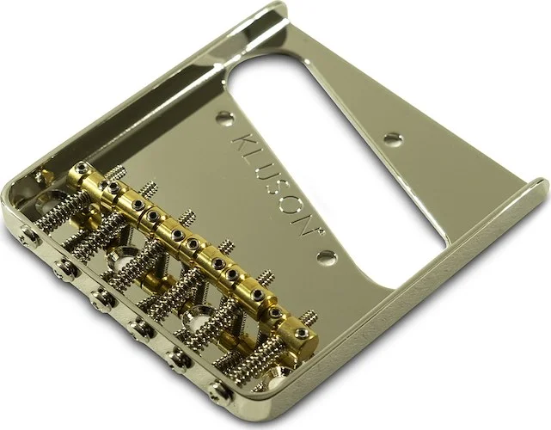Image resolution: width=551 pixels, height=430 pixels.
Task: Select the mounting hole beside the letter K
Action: (x=224, y=117)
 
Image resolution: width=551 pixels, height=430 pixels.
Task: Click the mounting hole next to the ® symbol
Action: (x=325, y=256)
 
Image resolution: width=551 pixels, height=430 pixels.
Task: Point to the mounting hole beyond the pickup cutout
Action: (x=393, y=138)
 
